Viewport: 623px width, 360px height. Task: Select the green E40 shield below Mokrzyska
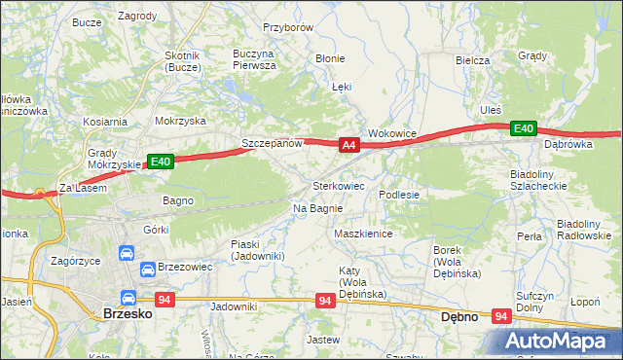161,162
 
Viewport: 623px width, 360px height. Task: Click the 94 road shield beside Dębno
502,316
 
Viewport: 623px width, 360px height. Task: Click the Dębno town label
458,316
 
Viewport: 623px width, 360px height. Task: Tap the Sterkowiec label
338,185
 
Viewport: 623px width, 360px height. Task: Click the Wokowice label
392,133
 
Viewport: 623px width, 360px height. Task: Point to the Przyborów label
287,28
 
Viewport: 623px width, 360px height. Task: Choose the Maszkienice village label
362,234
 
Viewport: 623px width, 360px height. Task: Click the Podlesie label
399,195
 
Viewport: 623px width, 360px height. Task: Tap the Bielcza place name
472,59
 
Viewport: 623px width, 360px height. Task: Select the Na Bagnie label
317,208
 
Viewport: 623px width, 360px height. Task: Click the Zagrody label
137,17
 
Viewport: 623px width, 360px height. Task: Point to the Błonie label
330,58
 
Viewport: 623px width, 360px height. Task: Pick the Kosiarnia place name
105,122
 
